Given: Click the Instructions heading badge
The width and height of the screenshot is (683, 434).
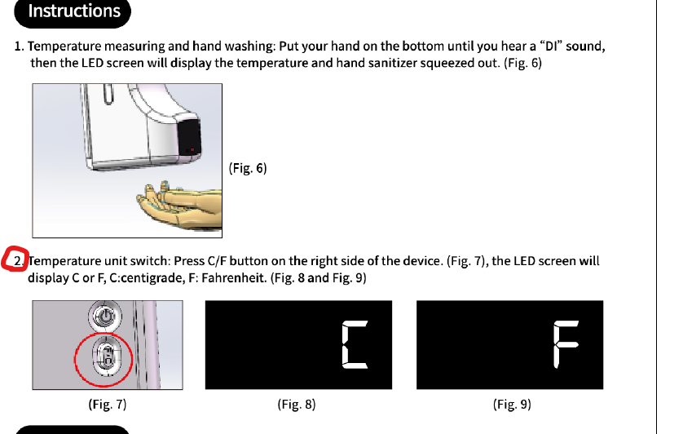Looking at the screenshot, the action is click(x=74, y=11).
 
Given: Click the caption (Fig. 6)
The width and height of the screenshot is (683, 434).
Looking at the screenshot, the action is click(x=248, y=168).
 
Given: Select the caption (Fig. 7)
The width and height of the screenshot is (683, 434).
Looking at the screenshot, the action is click(x=107, y=404).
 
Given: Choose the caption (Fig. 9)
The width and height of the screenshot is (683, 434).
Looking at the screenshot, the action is click(x=511, y=404).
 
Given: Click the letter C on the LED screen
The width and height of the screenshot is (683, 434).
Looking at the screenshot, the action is click(x=355, y=345).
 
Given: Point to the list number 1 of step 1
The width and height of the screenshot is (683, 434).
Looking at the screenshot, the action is click(x=19, y=46).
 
